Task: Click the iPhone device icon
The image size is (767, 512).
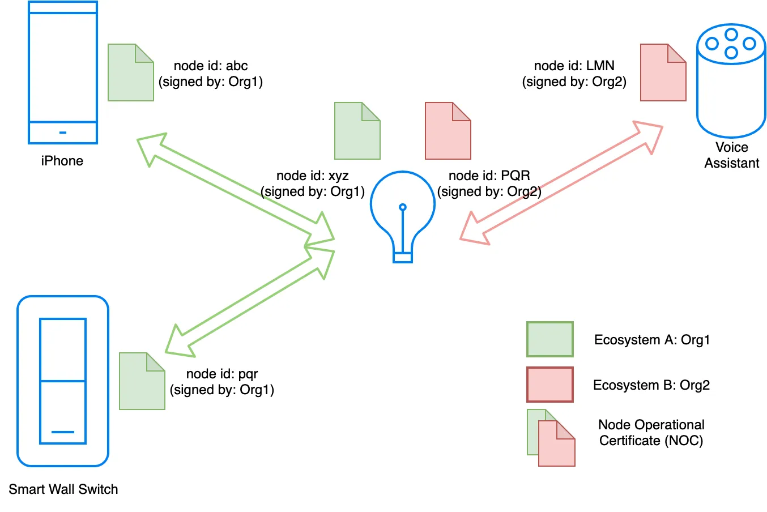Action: point(63,72)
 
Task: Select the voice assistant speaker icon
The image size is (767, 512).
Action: point(731,80)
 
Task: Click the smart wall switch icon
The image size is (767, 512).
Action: point(63,381)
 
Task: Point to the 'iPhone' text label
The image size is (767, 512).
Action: point(62,161)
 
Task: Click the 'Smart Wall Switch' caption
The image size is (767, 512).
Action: point(63,489)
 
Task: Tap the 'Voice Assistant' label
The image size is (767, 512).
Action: point(731,155)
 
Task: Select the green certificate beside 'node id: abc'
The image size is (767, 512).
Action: point(130,72)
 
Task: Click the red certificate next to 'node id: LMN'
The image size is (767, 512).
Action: point(663,72)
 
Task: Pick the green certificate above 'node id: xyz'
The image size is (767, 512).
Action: point(357,131)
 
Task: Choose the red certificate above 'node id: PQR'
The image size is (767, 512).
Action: point(448,131)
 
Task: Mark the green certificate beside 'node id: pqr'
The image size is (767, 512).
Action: point(142,381)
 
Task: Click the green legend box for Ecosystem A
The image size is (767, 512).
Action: point(549,339)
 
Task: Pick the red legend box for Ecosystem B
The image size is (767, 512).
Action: point(549,385)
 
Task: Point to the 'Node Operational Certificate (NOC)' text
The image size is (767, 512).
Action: point(651,433)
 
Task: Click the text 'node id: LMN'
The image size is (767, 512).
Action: point(574,66)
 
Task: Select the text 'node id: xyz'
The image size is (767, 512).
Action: point(312,176)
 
